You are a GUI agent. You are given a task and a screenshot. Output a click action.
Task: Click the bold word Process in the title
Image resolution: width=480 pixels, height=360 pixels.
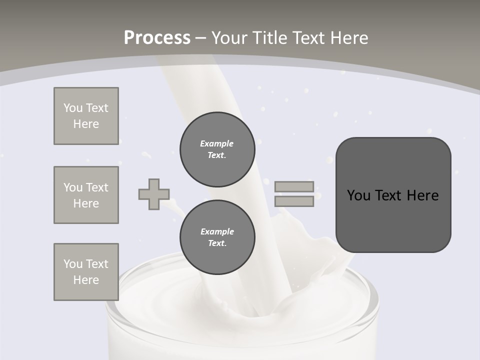click(157, 38)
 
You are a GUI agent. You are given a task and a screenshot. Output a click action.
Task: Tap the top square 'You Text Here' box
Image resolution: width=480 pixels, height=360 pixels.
click(86, 116)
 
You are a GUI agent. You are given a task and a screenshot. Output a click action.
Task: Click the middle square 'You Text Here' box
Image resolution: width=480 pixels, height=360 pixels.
click(86, 195)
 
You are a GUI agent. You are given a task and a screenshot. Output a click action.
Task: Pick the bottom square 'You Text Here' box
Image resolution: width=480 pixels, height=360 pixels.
click(86, 272)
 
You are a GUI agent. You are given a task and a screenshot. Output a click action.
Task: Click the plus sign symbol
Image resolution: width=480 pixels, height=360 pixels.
click(154, 194)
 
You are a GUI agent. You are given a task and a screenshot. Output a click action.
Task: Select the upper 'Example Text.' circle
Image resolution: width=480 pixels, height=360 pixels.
click(217, 149)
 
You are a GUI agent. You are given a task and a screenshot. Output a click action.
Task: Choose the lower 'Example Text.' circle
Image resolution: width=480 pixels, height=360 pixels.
click(217, 237)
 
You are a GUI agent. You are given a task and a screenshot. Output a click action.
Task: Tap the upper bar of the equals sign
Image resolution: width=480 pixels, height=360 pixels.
click(294, 186)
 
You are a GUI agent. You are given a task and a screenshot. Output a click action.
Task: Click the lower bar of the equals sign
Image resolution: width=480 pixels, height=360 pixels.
click(294, 201)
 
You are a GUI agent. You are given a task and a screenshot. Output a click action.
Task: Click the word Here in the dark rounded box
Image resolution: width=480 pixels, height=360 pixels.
click(422, 195)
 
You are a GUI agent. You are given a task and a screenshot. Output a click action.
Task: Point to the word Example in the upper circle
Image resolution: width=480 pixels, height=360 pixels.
click(216, 143)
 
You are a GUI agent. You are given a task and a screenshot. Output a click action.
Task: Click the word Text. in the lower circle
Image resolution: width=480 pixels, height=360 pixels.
click(217, 243)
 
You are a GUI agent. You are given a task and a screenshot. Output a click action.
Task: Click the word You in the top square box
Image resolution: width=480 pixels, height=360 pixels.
click(72, 108)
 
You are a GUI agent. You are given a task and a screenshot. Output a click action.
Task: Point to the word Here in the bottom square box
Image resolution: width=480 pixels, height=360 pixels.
click(86, 280)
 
